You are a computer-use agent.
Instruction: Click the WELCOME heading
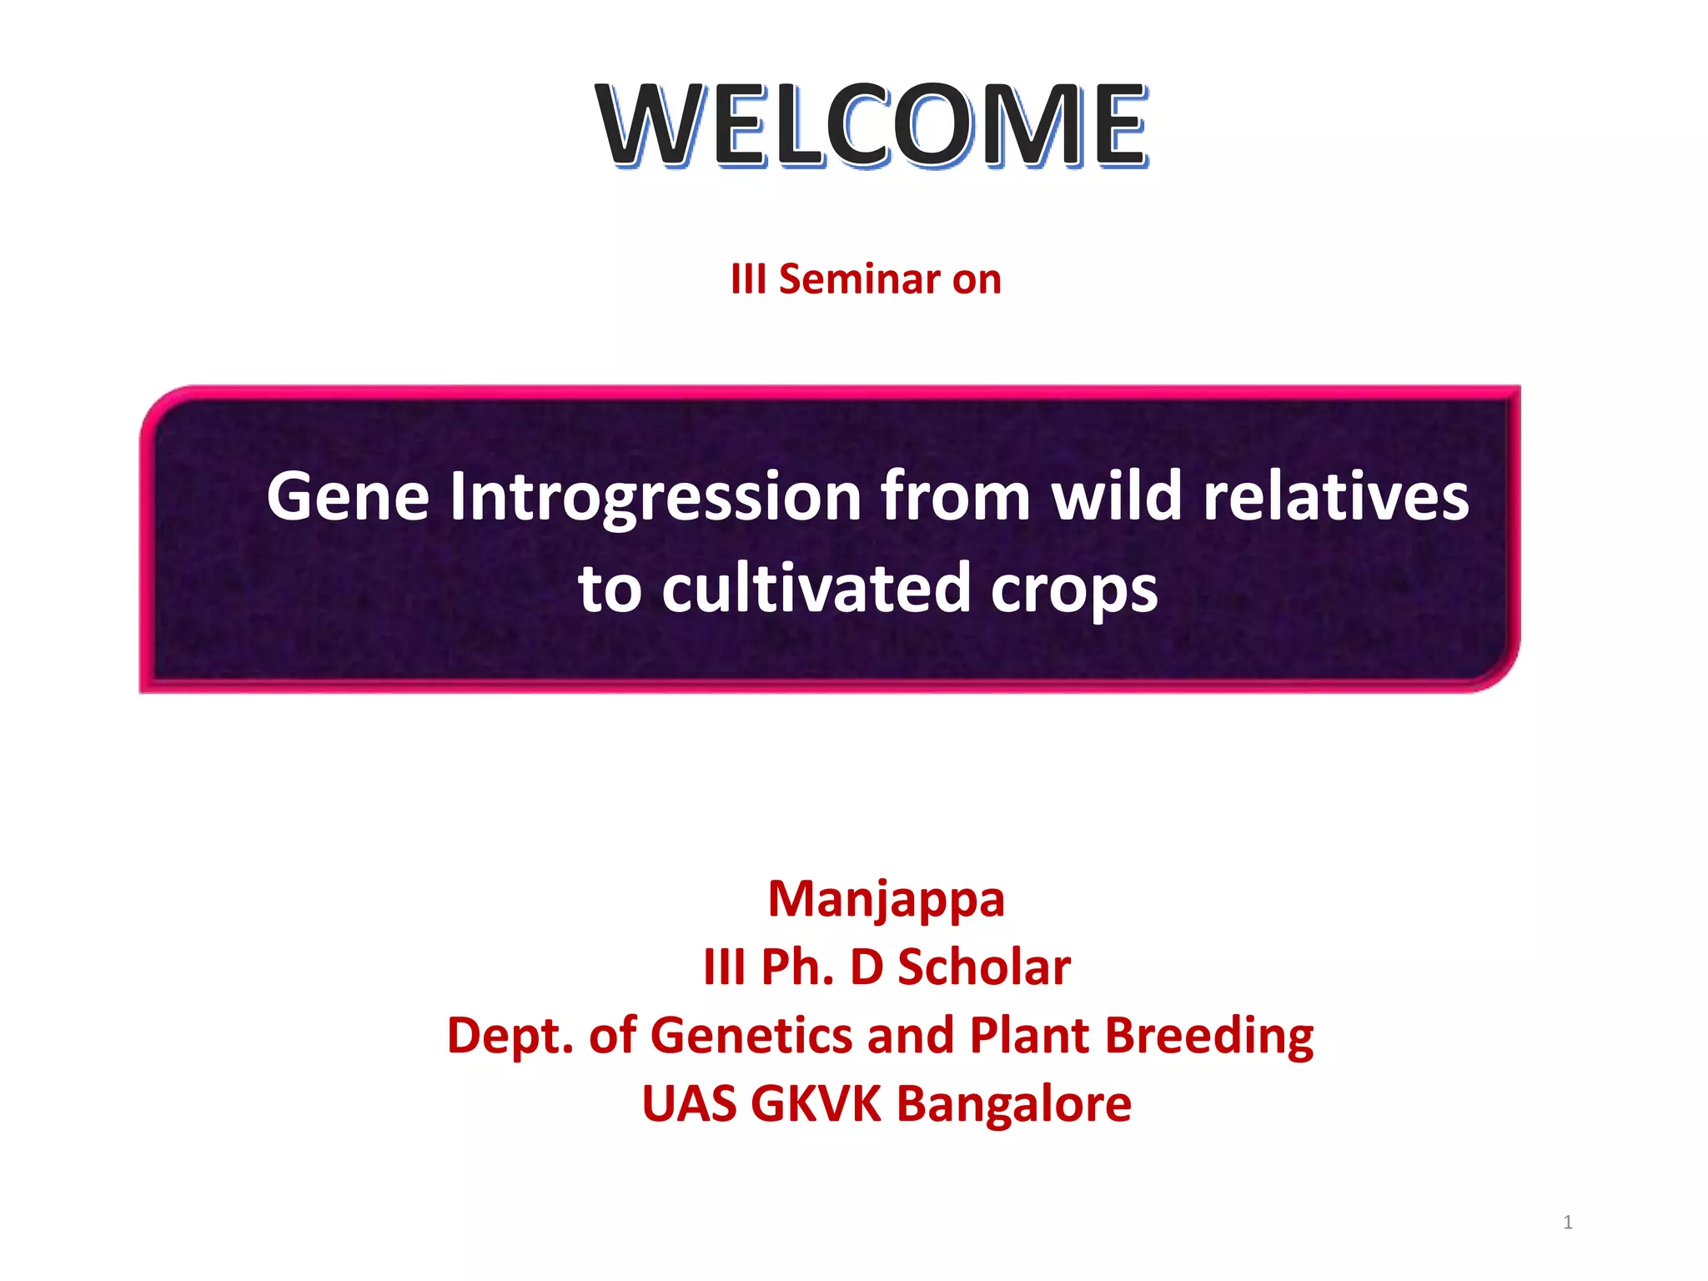[x=872, y=125]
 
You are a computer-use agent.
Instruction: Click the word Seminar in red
[x=859, y=279]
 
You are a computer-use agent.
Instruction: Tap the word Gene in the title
[x=348, y=497]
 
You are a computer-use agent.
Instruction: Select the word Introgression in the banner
[x=656, y=499]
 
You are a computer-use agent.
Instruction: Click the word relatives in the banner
[x=1335, y=497]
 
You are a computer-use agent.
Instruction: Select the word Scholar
[x=983, y=967]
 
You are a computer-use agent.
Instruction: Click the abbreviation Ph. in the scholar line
[x=797, y=967]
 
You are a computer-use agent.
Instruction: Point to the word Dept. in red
[x=510, y=1037]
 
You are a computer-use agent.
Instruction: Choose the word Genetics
[x=751, y=1036]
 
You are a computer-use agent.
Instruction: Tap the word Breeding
[x=1208, y=1037]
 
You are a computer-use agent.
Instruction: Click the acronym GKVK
[x=815, y=1104]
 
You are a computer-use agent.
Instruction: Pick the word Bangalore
[x=1013, y=1105]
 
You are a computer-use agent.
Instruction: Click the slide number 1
[x=1567, y=1223]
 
